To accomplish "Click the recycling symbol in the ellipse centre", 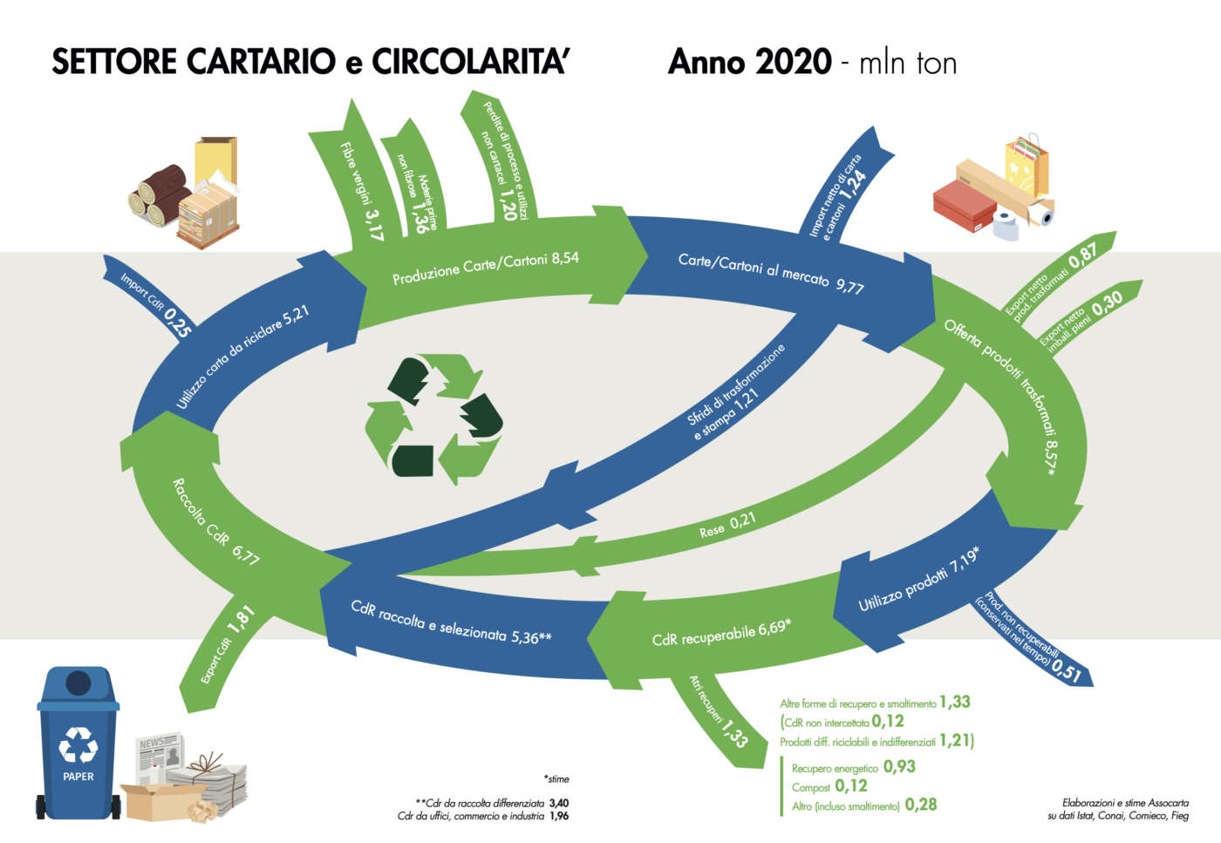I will [433, 418].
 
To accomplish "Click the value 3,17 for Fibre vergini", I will [373, 224].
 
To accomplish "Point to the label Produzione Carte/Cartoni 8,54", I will [486, 268].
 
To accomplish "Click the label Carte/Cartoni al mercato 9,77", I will [771, 272].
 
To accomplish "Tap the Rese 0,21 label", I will [727, 525].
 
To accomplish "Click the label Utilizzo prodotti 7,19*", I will [918, 580].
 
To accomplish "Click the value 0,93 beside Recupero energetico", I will [899, 766].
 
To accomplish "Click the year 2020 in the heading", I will [793, 63].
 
